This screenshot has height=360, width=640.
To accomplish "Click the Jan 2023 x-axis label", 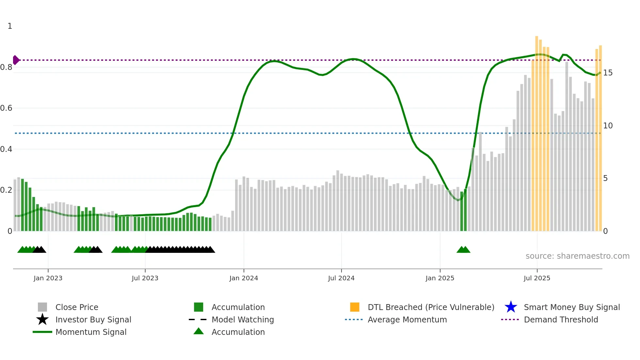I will pyautogui.click(x=48, y=278).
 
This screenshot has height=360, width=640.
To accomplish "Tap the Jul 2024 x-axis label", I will pyautogui.click(x=341, y=278).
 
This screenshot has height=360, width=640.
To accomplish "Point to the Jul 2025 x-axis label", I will pyautogui.click(x=537, y=278).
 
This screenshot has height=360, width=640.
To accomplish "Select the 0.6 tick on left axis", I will pyautogui.click(x=6, y=108).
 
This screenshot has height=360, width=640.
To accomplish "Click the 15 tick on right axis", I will pyautogui.click(x=608, y=73).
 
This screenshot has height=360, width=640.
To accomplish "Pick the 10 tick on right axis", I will pyautogui.click(x=608, y=126).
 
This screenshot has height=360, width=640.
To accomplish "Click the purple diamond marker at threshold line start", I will pyautogui.click(x=16, y=60).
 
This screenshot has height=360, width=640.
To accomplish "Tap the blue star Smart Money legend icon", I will pyautogui.click(x=511, y=307).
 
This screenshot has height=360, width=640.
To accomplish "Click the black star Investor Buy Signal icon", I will pyautogui.click(x=42, y=319).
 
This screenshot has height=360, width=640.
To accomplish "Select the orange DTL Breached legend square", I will pyautogui.click(x=355, y=307).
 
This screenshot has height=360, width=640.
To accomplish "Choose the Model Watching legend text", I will pyautogui.click(x=243, y=319).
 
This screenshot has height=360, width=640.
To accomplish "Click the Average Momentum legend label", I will pyautogui.click(x=407, y=319).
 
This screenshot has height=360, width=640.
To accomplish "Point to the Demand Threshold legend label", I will pyautogui.click(x=561, y=319).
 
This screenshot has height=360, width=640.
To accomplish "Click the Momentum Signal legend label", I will pyautogui.click(x=91, y=332).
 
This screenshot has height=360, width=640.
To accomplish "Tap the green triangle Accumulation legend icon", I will pyautogui.click(x=199, y=331).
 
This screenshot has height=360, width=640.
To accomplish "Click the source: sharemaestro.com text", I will pyautogui.click(x=577, y=256).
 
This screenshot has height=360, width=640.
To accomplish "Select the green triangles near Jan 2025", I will pyautogui.click(x=463, y=250).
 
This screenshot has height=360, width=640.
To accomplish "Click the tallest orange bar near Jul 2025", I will pyautogui.click(x=536, y=131).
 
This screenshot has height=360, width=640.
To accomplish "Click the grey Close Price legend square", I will pyautogui.click(x=42, y=307).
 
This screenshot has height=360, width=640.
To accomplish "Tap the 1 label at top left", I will pyautogui.click(x=10, y=26).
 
